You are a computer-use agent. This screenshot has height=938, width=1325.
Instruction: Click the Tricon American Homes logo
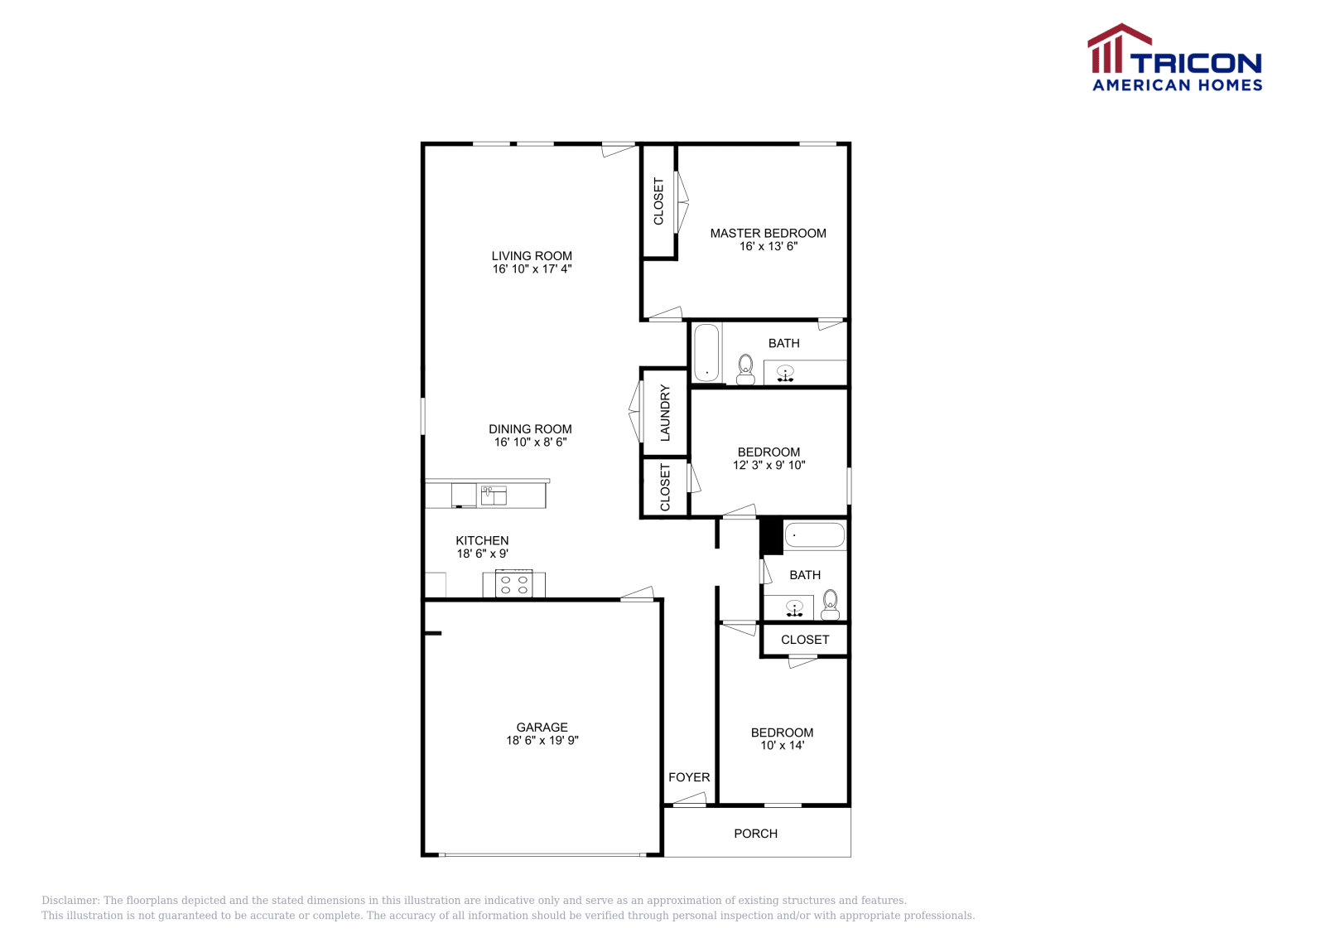(x=1175, y=58)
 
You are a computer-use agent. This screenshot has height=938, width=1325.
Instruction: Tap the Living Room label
(x=532, y=256)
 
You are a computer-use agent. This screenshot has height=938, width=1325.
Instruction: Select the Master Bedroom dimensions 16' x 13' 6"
(x=768, y=246)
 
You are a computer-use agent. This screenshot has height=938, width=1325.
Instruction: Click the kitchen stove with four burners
(x=513, y=584)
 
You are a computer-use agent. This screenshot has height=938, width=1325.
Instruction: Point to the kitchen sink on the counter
(x=494, y=496)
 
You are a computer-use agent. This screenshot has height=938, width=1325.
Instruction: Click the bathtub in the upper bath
(x=706, y=353)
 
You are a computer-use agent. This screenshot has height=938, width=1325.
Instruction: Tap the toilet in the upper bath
(x=745, y=370)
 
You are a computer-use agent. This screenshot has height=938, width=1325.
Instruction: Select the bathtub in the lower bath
(x=815, y=535)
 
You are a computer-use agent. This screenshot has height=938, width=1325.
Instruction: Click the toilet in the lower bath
(x=831, y=605)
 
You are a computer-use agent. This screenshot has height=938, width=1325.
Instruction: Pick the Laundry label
(x=665, y=412)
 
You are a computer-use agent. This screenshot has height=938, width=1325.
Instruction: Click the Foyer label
(x=689, y=777)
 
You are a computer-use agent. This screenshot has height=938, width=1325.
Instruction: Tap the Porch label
(x=755, y=834)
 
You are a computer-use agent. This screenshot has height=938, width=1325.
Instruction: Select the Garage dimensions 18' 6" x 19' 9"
(x=542, y=741)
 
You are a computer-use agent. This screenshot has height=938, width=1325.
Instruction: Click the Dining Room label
(x=530, y=429)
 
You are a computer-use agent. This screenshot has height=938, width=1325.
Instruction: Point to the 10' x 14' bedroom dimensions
(x=782, y=746)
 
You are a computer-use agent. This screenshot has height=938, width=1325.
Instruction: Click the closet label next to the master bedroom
(x=659, y=201)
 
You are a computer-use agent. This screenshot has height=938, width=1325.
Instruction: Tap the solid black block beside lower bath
(x=772, y=536)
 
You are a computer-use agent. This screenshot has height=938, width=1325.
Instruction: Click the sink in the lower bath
(x=794, y=609)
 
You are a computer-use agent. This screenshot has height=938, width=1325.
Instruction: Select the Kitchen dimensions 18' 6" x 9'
(x=482, y=554)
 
